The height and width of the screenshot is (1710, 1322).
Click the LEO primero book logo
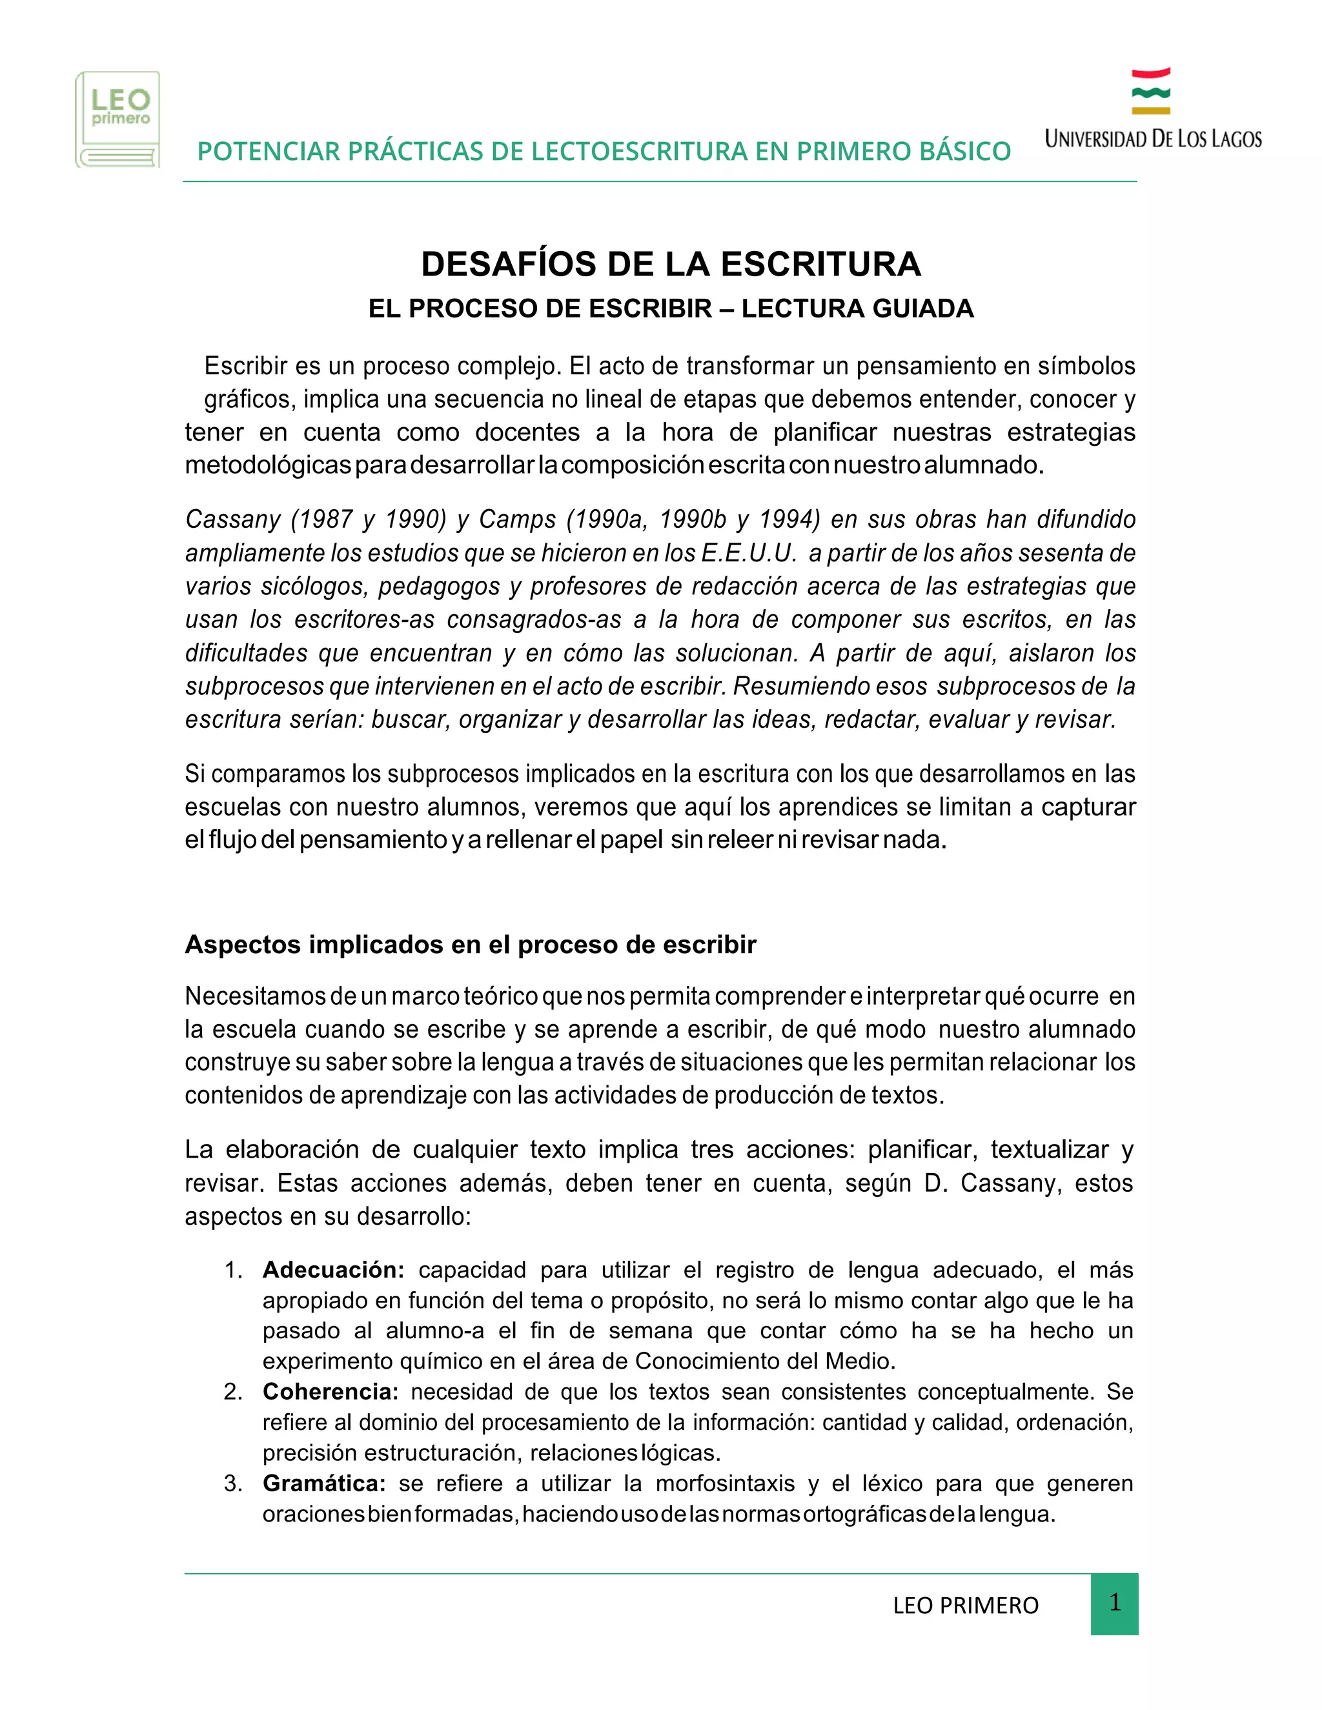(x=117, y=119)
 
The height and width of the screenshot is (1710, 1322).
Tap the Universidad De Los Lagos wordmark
(x=1153, y=139)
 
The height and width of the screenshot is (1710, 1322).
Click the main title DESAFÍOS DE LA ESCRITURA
(x=671, y=264)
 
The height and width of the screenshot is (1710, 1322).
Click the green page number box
(x=1114, y=1604)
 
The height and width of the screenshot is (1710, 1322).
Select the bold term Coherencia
(x=330, y=1391)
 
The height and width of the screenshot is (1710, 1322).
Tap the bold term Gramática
(x=324, y=1483)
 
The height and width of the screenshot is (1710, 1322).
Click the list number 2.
(x=232, y=1391)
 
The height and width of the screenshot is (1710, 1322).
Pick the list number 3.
(x=232, y=1483)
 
